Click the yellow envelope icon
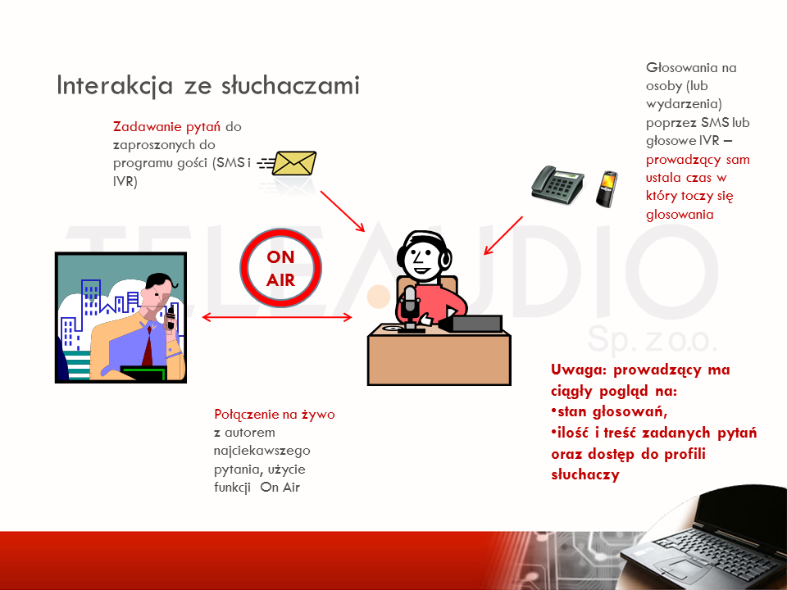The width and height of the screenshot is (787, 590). tap(293, 163)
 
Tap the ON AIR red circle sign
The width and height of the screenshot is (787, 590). tap(280, 269)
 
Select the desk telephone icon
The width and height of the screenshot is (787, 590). tap(557, 184)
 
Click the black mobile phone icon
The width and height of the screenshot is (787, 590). tap(607, 188)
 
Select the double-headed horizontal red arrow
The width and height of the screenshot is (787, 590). tap(277, 317)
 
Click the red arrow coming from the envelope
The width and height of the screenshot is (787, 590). tap(343, 211)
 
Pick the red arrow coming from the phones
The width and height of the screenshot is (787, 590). tap(503, 236)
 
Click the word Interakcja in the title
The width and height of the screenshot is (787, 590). tap(115, 85)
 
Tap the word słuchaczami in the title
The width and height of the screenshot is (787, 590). tap(290, 85)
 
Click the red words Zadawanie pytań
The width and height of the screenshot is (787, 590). tap(166, 126)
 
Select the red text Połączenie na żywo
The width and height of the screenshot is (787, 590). tap(274, 415)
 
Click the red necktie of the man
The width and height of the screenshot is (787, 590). tap(148, 345)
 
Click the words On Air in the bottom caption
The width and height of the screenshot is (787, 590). tap(280, 487)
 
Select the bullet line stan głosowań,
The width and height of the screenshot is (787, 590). tap(609, 412)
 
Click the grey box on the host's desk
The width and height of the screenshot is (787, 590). tap(475, 324)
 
